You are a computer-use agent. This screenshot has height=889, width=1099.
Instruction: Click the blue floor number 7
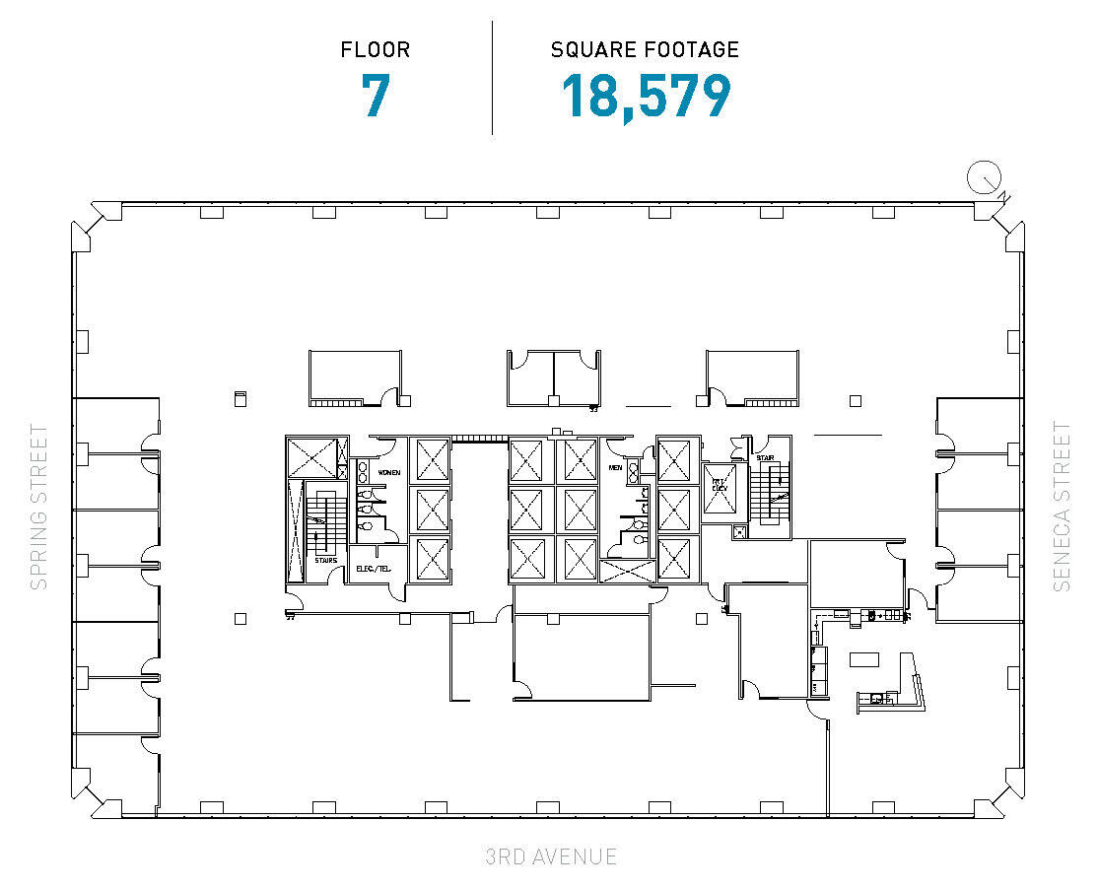click(x=376, y=97)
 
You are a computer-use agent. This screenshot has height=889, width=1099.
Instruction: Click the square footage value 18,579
click(x=646, y=97)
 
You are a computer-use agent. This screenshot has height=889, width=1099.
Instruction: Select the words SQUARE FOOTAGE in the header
click(x=645, y=49)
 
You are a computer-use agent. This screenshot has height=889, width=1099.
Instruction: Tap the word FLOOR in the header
click(x=376, y=49)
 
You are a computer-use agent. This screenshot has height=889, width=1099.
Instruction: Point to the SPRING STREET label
click(x=38, y=507)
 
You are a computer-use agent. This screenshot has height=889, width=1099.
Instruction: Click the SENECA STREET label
click(x=1062, y=507)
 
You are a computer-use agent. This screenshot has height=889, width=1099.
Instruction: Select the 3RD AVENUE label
click(x=551, y=856)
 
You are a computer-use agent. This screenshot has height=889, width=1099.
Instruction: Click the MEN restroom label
click(x=616, y=468)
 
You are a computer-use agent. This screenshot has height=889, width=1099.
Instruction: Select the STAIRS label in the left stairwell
click(x=325, y=560)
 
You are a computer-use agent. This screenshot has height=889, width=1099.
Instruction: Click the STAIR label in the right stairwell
click(x=765, y=458)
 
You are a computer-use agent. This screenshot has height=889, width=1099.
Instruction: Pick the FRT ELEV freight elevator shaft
click(x=721, y=488)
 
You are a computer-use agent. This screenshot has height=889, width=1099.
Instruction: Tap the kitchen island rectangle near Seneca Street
click(x=866, y=657)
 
